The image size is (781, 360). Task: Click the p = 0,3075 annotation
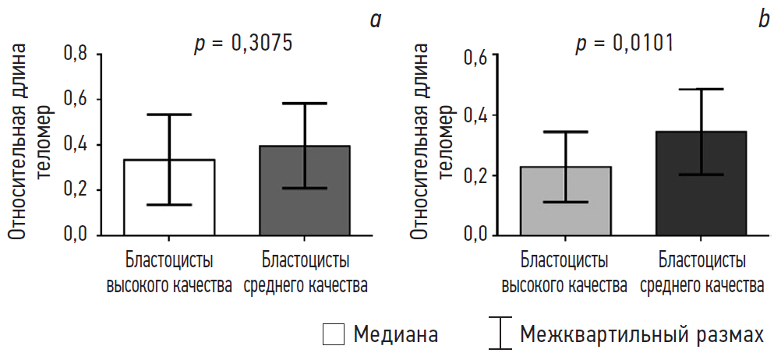pos(242,44)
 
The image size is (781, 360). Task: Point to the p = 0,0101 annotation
pos(624,44)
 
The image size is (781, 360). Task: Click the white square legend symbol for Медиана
pos(333,335)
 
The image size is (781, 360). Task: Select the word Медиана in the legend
pos(395,335)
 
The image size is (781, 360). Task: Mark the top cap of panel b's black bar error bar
pos(701,90)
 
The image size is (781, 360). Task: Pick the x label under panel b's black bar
pos(701,271)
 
